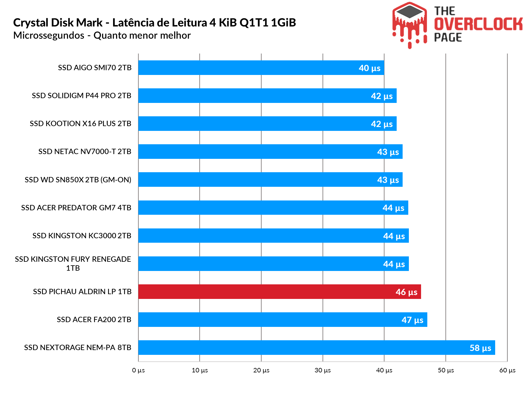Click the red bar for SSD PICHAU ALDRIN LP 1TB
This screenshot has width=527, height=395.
coord(268,291)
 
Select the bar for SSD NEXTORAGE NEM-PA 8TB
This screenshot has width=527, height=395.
coord(298,347)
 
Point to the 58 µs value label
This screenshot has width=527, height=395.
coord(480,348)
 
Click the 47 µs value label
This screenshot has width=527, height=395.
coord(412,320)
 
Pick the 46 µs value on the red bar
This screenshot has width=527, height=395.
coord(406,292)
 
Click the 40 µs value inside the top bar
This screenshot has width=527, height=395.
coord(370,68)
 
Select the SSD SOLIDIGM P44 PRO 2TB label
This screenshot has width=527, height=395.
coord(82,95)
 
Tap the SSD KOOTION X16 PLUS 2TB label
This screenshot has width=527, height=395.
coord(80,123)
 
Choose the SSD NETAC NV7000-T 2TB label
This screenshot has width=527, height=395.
coord(85,151)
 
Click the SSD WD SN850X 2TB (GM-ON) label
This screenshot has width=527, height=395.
coord(78,180)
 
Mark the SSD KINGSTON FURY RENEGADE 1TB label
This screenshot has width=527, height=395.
coord(73,264)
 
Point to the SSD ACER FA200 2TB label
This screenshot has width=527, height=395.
coord(94,319)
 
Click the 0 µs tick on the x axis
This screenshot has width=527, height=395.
coord(138,370)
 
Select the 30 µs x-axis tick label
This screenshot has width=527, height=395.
coord(323,370)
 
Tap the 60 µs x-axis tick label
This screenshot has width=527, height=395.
coord(507,370)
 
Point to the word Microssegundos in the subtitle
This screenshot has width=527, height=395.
coord(49,35)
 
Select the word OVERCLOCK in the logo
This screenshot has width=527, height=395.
coord(478,24)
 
